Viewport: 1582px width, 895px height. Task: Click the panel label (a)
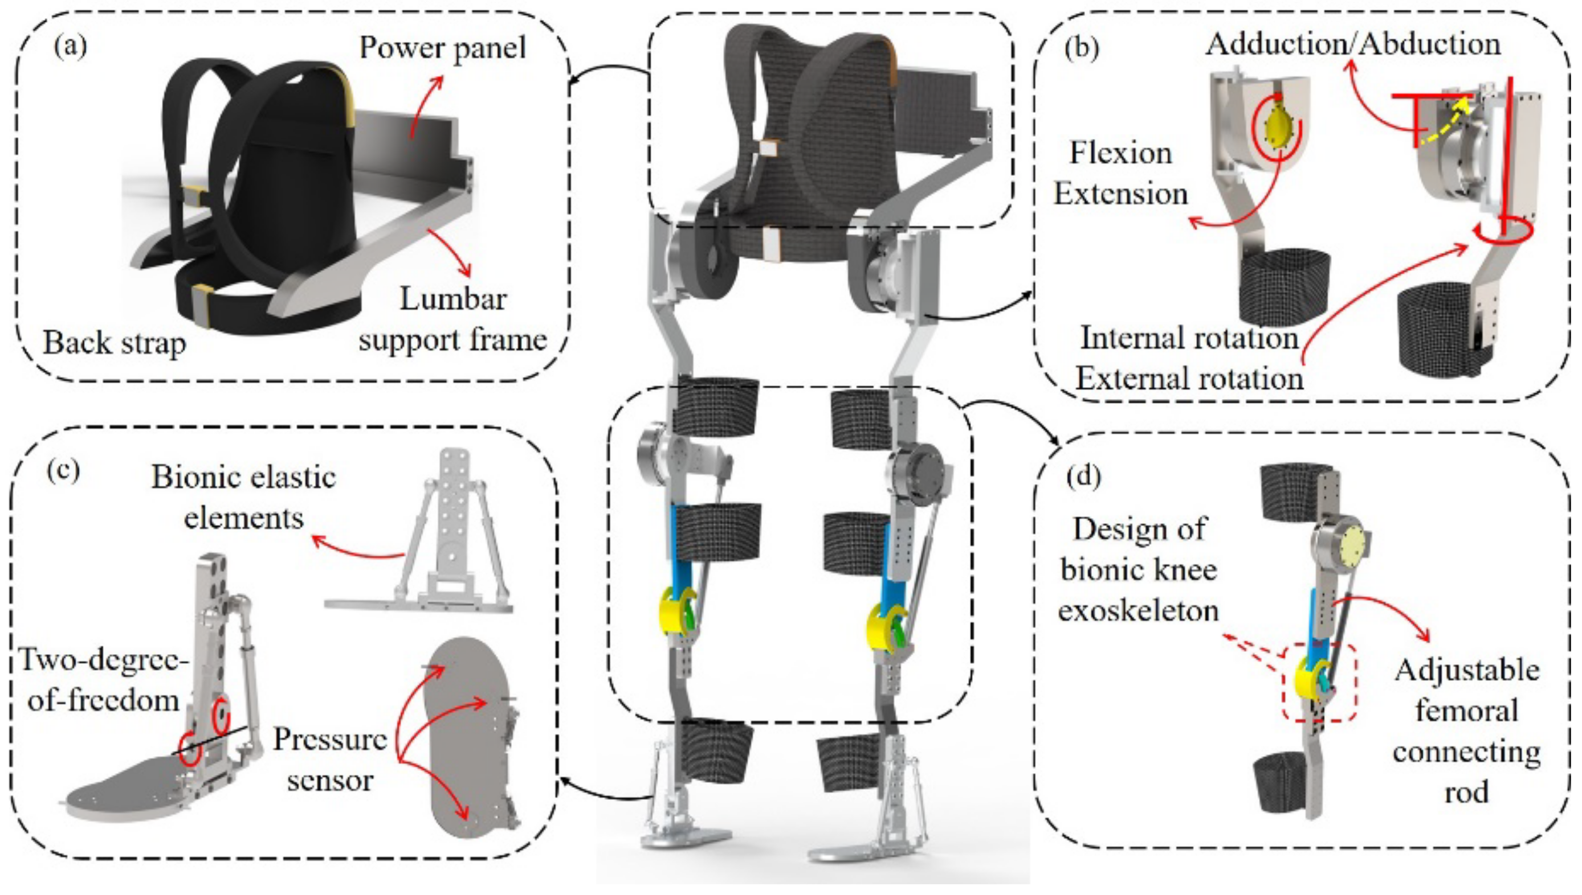click(x=70, y=47)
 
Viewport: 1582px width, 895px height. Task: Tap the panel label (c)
click(x=63, y=470)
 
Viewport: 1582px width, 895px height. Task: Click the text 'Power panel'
click(x=443, y=48)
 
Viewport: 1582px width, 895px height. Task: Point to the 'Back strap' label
click(x=115, y=342)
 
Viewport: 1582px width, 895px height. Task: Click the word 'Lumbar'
click(x=453, y=299)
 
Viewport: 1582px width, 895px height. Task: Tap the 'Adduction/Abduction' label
click(x=1353, y=44)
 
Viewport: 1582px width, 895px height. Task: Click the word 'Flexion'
click(x=1121, y=153)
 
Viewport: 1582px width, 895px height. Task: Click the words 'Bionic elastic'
click(x=243, y=478)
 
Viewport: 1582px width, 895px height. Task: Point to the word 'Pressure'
click(x=331, y=740)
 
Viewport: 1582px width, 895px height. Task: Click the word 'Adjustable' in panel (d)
click(x=1467, y=670)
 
